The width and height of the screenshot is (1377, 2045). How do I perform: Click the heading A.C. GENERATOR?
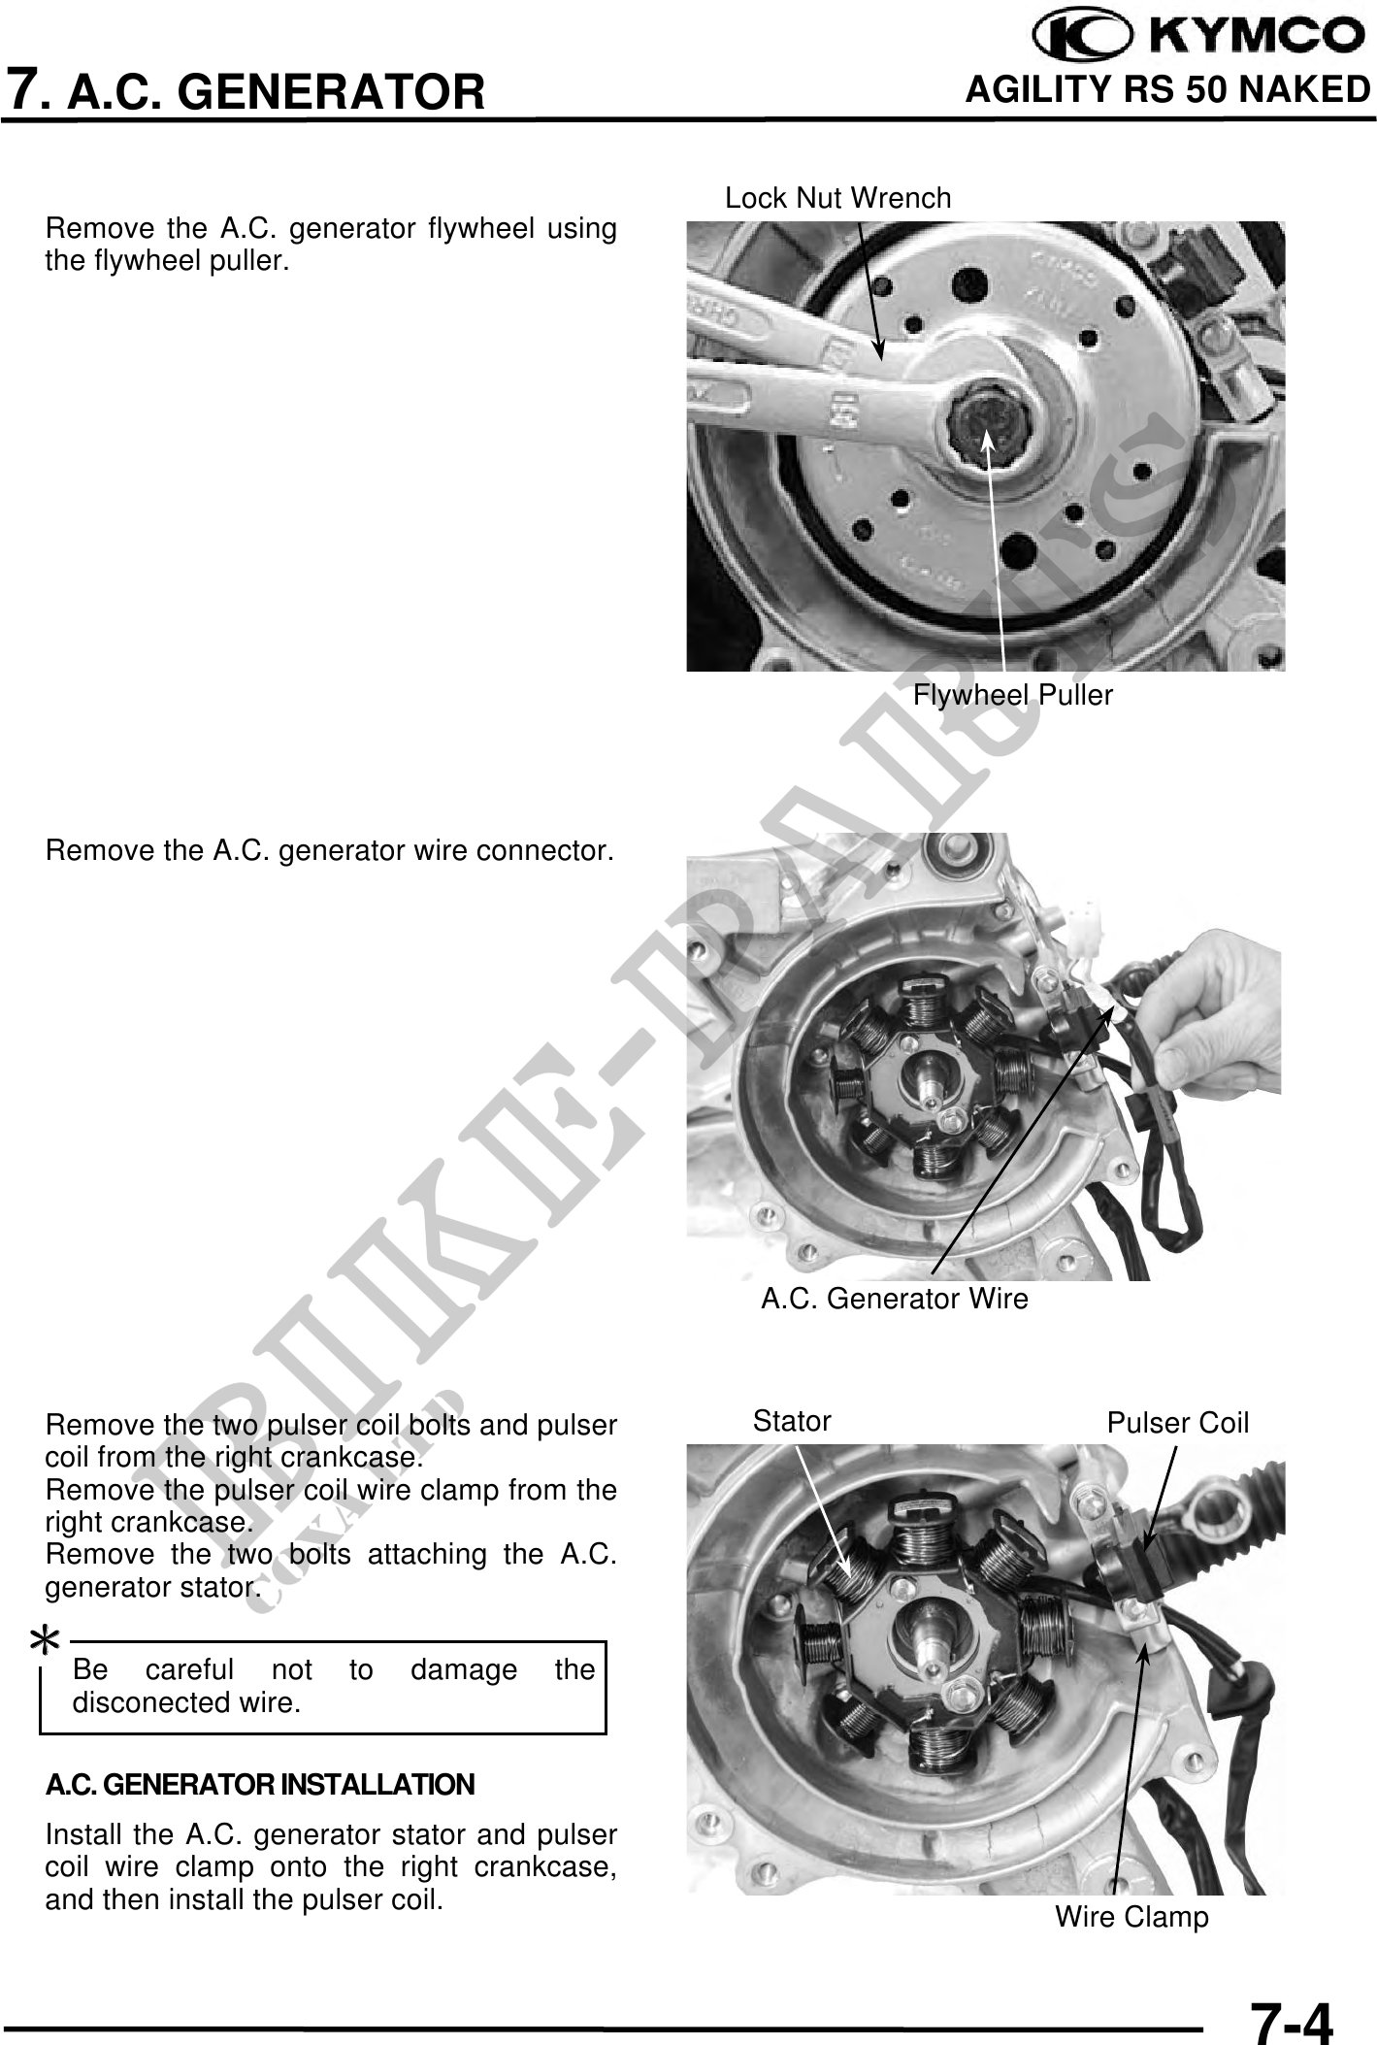pyautogui.click(x=279, y=92)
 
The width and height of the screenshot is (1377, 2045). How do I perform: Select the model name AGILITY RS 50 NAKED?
pyautogui.click(x=1167, y=89)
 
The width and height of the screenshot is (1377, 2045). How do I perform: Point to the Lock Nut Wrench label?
pyautogui.click(x=838, y=198)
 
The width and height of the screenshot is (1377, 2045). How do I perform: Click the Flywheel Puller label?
pyautogui.click(x=1013, y=695)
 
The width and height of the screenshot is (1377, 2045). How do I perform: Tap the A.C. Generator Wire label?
pyautogui.click(x=894, y=1299)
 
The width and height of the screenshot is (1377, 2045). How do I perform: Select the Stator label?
pyautogui.click(x=792, y=1421)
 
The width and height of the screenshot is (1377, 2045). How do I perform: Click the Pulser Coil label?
pyautogui.click(x=1178, y=1423)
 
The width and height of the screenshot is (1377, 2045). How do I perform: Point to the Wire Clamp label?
pyautogui.click(x=1131, y=1917)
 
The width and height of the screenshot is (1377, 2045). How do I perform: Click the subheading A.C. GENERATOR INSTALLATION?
pyautogui.click(x=260, y=1785)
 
